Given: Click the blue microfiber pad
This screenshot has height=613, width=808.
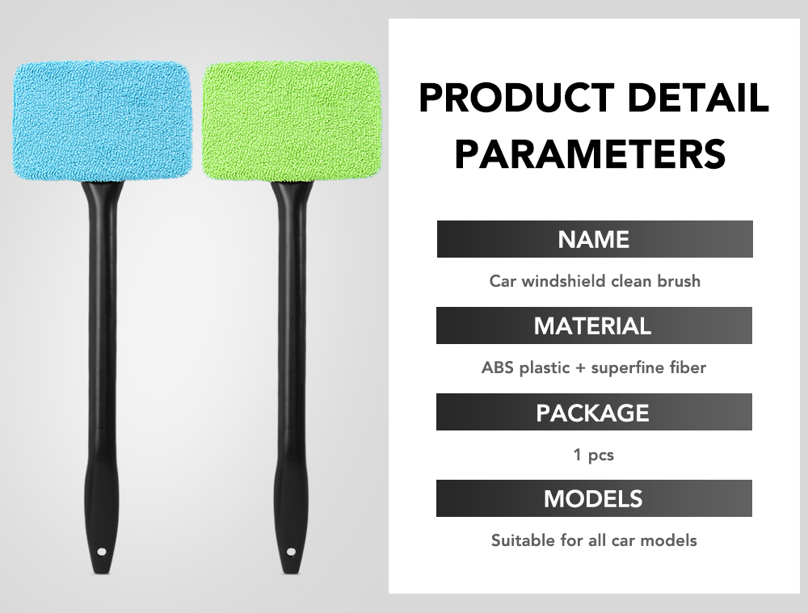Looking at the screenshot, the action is (102, 122).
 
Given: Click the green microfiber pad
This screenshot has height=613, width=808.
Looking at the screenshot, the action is (291, 121).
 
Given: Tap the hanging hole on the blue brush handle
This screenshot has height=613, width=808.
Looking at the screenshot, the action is (102, 552).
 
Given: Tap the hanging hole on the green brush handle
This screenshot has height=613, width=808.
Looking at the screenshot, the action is (291, 552).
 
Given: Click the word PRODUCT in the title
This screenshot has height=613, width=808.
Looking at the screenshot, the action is (516, 98).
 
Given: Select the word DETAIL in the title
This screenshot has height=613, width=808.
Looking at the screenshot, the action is (698, 98).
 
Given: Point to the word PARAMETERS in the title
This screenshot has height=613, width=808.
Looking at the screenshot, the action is (591, 153).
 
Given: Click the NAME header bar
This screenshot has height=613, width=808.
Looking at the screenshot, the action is (595, 239).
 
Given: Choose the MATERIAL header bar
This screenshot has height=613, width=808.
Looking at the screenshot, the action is (594, 325).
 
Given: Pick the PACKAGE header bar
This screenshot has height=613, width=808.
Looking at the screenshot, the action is (594, 412).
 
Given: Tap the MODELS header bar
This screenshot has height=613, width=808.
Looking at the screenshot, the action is (594, 498).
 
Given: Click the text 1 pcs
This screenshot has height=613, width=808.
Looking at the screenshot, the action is (594, 455).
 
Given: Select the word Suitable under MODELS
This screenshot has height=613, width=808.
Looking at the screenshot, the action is (521, 540).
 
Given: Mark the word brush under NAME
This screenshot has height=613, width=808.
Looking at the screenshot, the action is (679, 281).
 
